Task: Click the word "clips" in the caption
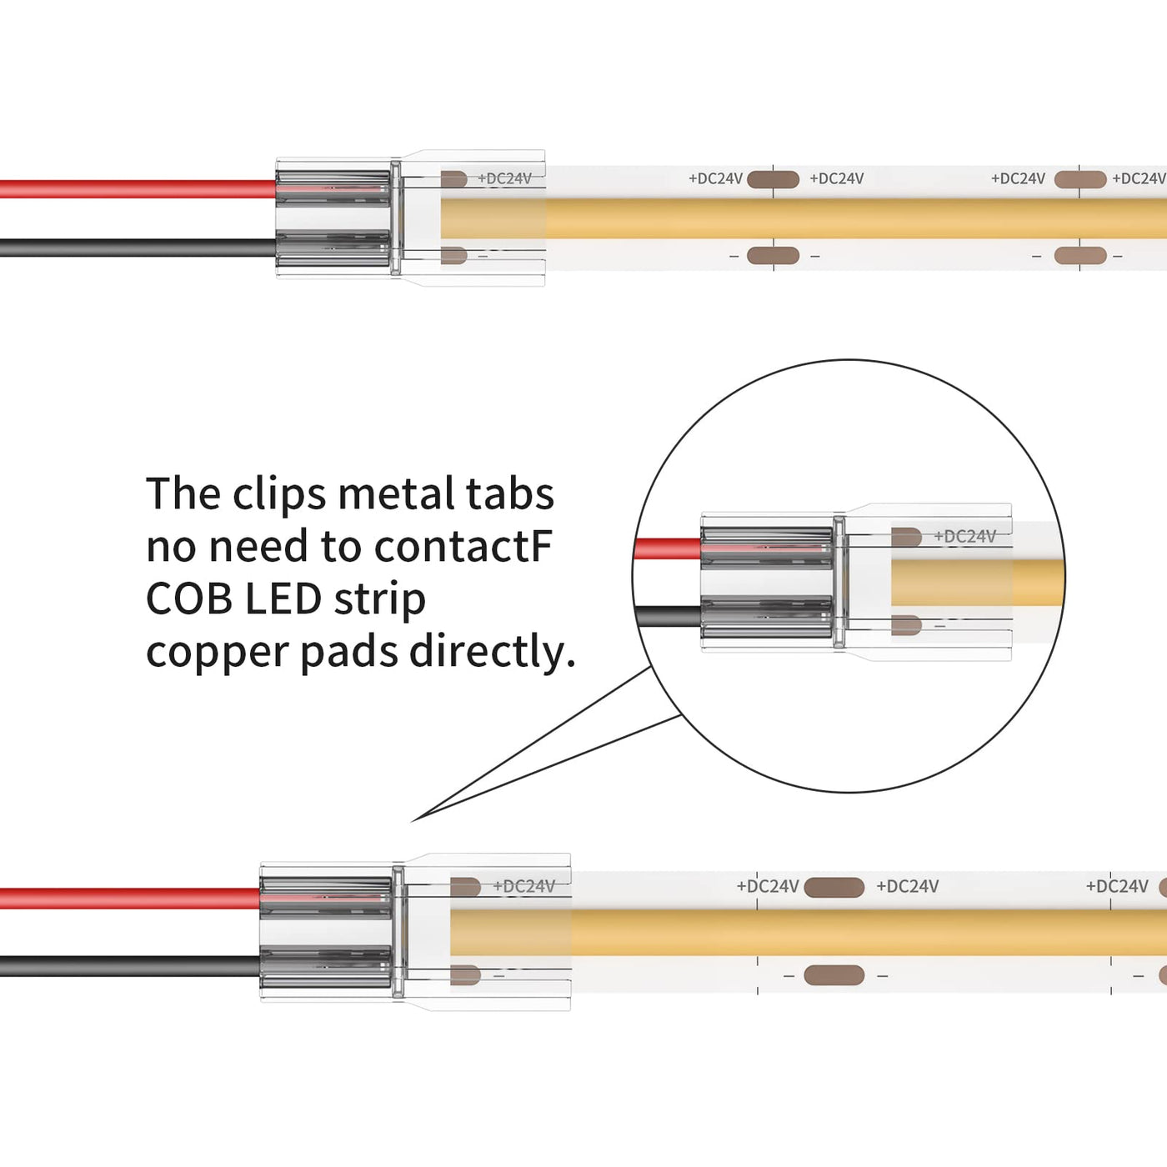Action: click(x=278, y=495)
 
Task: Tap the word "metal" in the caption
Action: click(x=395, y=493)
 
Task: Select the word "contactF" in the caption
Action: click(x=463, y=547)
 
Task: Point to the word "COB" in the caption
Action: click(x=189, y=599)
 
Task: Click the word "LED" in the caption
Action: click(x=283, y=599)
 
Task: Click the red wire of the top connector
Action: click(x=138, y=189)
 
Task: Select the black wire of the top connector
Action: click(x=138, y=248)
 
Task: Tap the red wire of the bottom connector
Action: click(x=130, y=898)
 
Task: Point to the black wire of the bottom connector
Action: click(x=130, y=966)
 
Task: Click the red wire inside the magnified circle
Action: click(x=668, y=549)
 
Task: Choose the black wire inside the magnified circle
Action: click(x=669, y=617)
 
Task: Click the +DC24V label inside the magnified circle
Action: click(x=964, y=536)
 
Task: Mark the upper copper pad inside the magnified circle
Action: click(x=906, y=537)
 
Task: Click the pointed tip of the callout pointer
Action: click(x=411, y=822)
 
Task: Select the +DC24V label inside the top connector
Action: click(x=504, y=178)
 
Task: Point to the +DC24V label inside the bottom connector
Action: click(x=523, y=887)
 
